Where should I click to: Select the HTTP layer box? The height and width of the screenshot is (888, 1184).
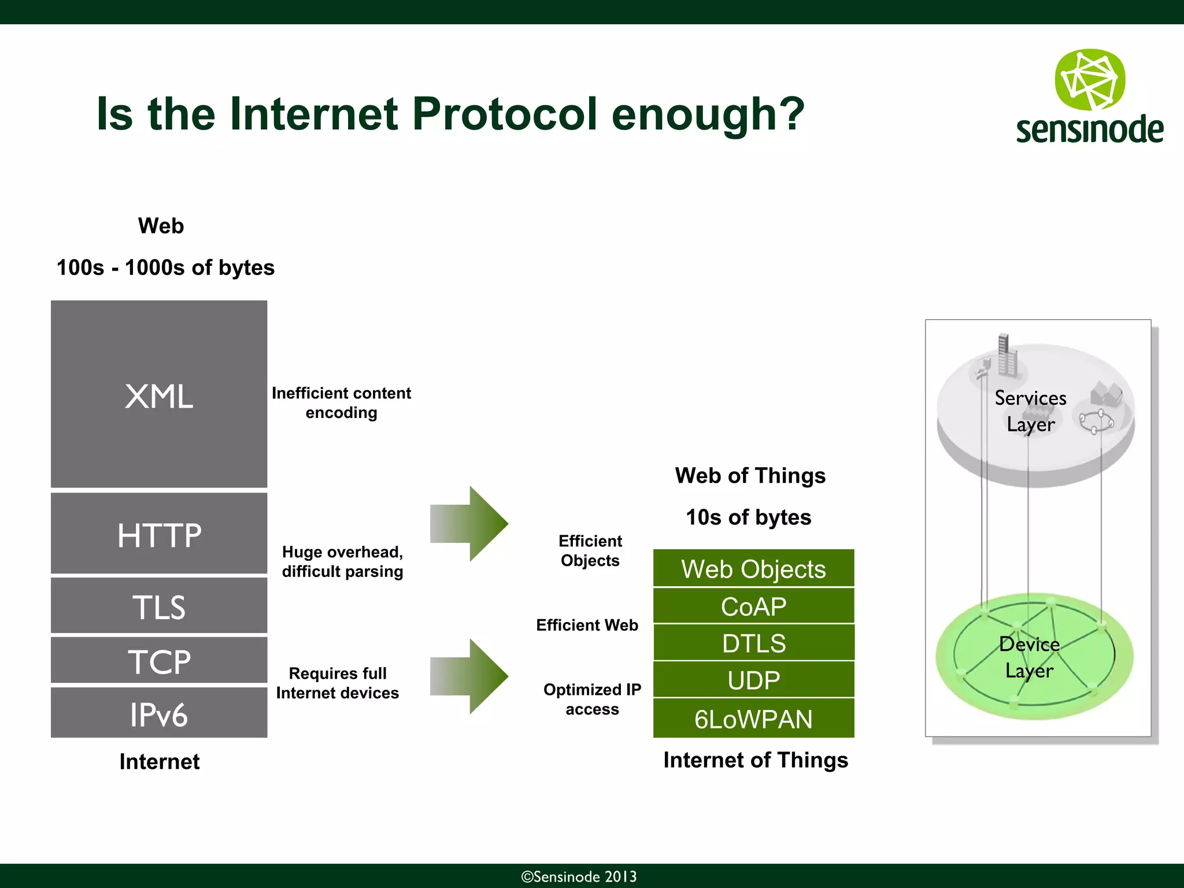(x=159, y=533)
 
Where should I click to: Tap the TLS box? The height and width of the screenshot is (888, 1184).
(x=159, y=605)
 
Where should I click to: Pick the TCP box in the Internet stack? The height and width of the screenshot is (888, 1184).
(x=159, y=660)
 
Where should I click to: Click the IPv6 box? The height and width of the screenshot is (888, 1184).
(x=159, y=713)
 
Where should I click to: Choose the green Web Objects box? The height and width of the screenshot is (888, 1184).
(x=753, y=568)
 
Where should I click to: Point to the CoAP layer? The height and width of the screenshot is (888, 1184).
(x=753, y=606)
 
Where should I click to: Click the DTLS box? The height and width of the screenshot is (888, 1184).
(x=753, y=642)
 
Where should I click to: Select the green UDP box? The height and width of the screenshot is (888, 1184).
(x=753, y=679)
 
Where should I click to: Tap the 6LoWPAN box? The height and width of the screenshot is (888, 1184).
(x=753, y=718)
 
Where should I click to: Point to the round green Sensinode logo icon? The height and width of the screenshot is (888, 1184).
(x=1090, y=80)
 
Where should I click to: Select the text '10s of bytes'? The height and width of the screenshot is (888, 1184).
(x=748, y=517)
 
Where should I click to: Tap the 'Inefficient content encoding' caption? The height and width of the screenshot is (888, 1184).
(x=341, y=402)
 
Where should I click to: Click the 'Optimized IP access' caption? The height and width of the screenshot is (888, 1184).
(x=592, y=698)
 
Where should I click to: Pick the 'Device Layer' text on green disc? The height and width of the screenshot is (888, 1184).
(x=1029, y=657)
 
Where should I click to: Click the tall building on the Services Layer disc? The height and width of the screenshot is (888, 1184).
(x=1007, y=356)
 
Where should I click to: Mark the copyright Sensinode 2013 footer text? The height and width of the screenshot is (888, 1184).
(x=579, y=876)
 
